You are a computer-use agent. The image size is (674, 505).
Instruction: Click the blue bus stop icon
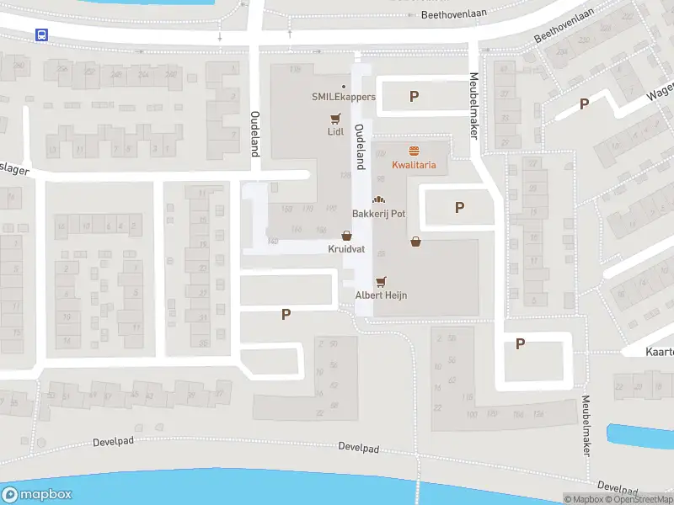click(x=40, y=35)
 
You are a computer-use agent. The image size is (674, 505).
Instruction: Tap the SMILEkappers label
click(x=343, y=97)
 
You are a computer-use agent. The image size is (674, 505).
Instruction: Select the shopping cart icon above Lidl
click(x=336, y=119)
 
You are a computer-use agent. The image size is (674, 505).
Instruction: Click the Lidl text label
click(x=336, y=132)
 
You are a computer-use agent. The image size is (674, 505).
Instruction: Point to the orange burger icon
click(x=414, y=151)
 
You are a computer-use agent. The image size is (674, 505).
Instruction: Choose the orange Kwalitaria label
click(x=414, y=165)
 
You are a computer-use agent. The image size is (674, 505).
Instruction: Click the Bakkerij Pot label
click(x=378, y=214)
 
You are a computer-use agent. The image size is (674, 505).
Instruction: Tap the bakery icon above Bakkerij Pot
click(x=378, y=200)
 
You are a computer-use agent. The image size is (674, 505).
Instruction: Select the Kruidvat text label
click(x=346, y=249)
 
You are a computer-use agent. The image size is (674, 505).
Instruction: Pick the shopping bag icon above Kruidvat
click(x=346, y=237)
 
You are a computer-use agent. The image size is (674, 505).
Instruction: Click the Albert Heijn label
click(x=381, y=295)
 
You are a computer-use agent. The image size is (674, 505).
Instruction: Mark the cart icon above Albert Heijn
click(x=381, y=281)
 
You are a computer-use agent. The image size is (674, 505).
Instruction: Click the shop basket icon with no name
click(x=415, y=242)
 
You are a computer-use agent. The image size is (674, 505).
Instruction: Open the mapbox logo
click(x=37, y=494)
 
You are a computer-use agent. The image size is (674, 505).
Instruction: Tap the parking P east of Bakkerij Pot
click(x=459, y=207)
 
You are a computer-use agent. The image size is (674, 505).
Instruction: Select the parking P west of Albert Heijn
click(x=286, y=314)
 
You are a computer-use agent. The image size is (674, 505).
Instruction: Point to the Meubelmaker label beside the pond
click(x=585, y=426)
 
